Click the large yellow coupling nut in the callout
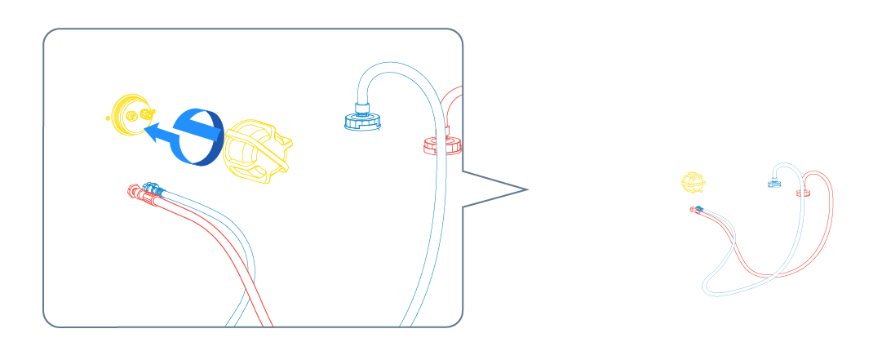[x=255, y=150]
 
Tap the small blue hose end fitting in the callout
[x=152, y=188]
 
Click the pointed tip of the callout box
[x=526, y=190]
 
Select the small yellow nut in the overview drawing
[x=693, y=183]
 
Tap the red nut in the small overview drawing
[x=802, y=193]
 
